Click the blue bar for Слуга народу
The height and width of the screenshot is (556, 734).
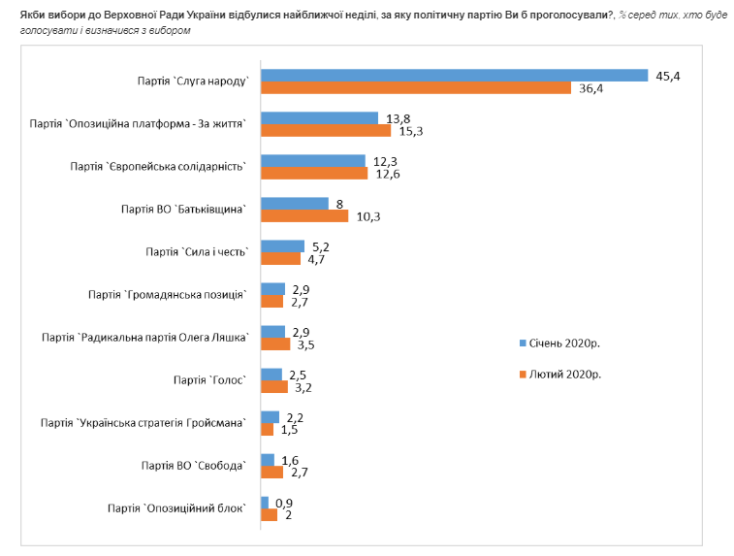click(x=454, y=76)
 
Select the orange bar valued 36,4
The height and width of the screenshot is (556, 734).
click(x=416, y=88)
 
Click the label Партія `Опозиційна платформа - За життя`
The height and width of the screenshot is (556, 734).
click(x=143, y=124)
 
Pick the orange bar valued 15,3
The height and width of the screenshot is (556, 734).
click(x=326, y=131)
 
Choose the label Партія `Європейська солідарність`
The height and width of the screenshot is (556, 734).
click(x=158, y=167)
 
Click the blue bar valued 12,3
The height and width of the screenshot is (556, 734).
click(x=313, y=160)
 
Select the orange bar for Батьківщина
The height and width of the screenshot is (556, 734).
click(x=304, y=215)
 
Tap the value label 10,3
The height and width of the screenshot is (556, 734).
click(x=368, y=216)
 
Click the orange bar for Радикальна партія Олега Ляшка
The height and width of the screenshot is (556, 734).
click(x=275, y=343)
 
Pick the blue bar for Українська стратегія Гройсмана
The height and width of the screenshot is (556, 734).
click(x=270, y=416)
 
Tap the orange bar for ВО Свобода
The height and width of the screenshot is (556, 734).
click(x=272, y=472)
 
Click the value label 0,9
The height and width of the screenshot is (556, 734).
click(x=285, y=502)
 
